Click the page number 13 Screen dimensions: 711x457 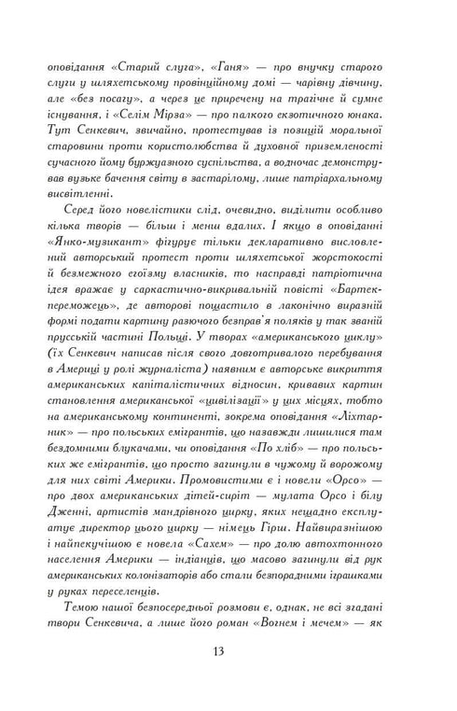228,649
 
